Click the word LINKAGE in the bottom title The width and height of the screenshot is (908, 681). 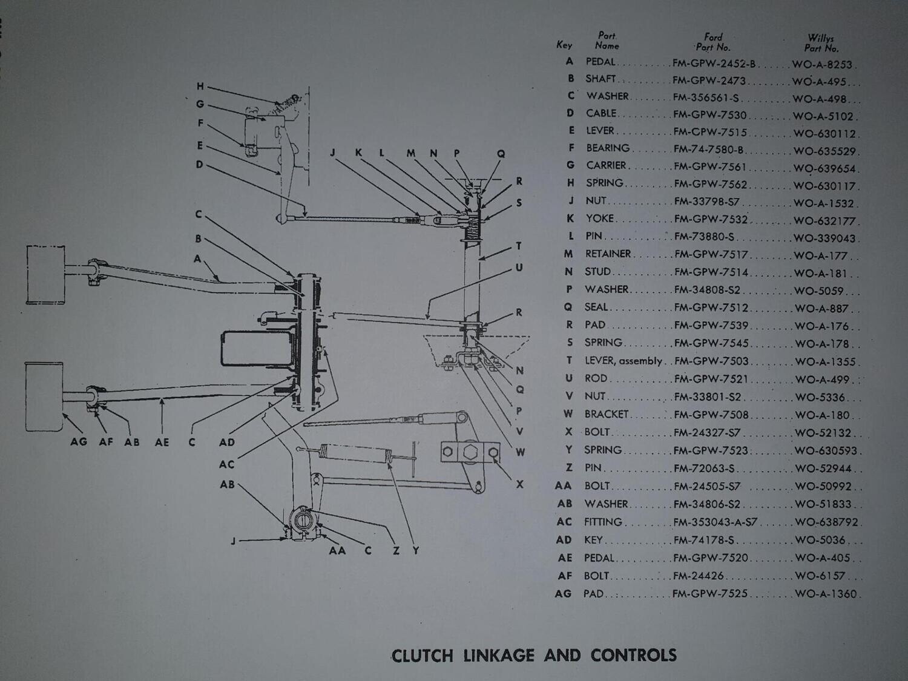point(499,656)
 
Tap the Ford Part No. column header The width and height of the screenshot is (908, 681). point(713,42)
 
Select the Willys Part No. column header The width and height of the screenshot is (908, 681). point(821,43)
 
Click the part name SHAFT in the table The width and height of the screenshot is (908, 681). point(600,79)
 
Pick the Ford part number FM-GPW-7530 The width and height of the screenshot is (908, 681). point(710,114)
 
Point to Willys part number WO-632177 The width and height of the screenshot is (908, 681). point(824,221)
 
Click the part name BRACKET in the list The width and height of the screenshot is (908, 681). point(607,414)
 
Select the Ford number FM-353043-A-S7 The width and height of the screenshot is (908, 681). point(715,522)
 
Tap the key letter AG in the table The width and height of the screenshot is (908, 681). point(563,594)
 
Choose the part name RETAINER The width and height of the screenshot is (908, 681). point(608,254)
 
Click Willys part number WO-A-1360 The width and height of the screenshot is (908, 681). point(826,594)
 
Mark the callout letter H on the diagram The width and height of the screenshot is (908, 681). point(200,87)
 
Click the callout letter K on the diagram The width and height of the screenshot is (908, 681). point(358,153)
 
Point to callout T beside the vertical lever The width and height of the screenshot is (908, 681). point(519,246)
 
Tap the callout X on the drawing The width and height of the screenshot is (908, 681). point(519,484)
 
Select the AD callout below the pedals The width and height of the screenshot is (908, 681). point(226,442)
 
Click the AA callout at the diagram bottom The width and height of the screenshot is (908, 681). point(337,550)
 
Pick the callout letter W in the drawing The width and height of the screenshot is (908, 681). point(520,452)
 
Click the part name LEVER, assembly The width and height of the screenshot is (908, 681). point(623,361)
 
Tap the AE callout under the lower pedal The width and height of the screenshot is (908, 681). point(162,442)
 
